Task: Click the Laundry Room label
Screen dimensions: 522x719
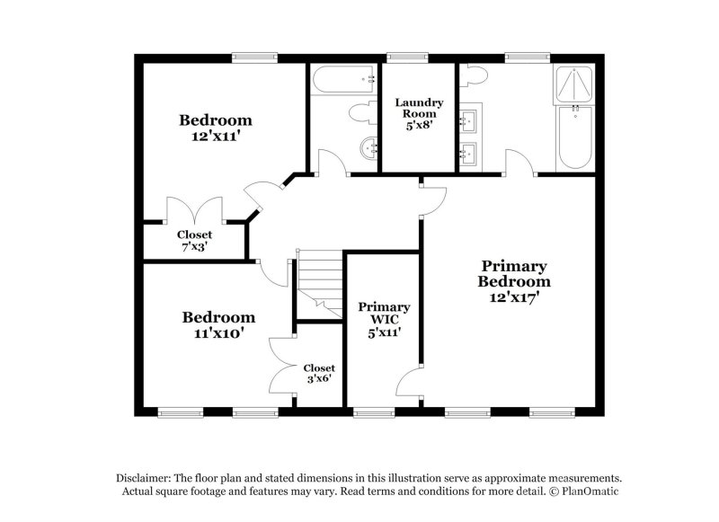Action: click(418, 108)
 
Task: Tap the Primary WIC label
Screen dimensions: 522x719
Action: click(384, 313)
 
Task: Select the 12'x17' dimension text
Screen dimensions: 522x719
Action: click(513, 296)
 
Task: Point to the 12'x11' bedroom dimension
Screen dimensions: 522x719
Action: click(215, 138)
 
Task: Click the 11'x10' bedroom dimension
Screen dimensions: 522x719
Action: click(218, 333)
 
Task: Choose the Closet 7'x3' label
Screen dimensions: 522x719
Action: click(194, 240)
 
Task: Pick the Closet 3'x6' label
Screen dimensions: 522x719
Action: click(318, 374)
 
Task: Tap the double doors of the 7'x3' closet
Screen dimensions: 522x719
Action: click(194, 208)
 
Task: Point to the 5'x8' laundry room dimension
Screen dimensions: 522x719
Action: click(418, 126)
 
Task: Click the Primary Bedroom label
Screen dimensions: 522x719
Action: click(513, 273)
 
